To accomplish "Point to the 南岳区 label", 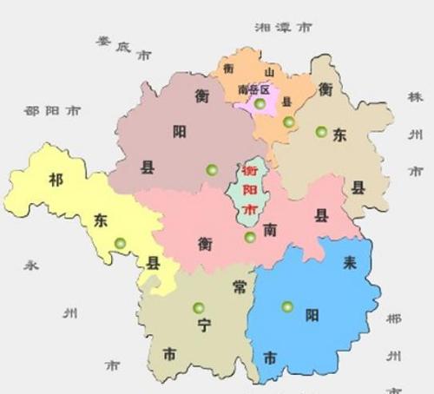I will coord(254,89).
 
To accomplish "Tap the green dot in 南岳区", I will coord(260,104).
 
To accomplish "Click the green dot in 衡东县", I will coord(321,132).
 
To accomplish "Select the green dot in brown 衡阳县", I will coord(209,168).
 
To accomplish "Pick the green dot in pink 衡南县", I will coord(250,237).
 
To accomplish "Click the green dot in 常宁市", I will coord(199,306).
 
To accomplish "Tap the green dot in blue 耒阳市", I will coord(287,305).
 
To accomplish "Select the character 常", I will coord(240,287).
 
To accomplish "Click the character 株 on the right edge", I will coord(414,97).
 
